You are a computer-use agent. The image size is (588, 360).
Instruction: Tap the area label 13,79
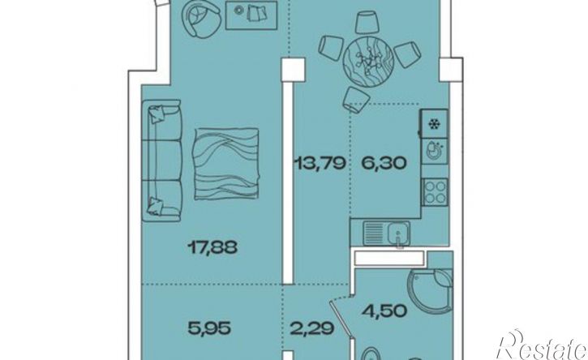coord(320,163)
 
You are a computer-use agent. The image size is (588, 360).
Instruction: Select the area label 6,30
coord(384,163)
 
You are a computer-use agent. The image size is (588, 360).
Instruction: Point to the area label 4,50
coord(384,310)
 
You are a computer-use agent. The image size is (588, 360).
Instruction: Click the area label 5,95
coord(208,329)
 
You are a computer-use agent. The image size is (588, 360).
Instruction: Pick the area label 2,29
coord(312,329)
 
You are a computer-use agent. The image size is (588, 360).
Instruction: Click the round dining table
coord(368,59)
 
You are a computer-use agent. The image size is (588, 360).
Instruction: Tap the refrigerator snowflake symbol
coord(434,124)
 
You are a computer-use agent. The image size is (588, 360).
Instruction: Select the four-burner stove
coord(435,191)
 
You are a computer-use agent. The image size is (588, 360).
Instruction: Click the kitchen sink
coord(386,234)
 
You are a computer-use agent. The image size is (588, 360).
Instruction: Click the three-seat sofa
coord(162,161)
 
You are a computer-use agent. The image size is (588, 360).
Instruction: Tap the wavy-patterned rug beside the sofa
coord(226,163)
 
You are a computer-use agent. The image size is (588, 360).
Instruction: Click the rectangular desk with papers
coord(251,15)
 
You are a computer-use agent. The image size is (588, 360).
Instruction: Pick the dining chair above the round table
coord(366,22)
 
